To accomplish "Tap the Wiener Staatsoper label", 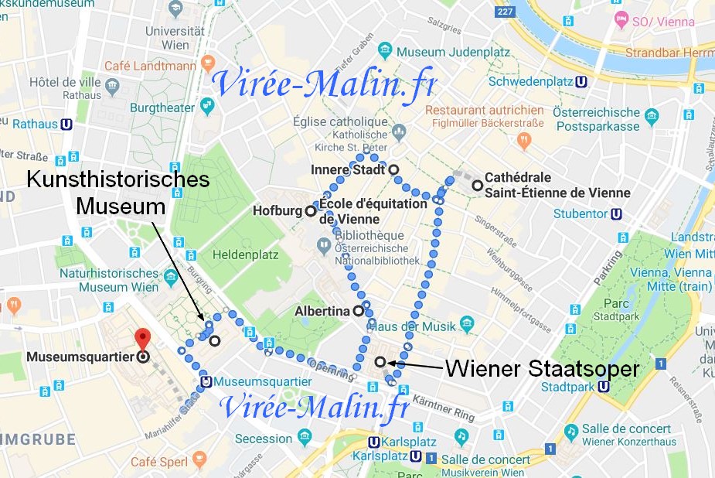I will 541,369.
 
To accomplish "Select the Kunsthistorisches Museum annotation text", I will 117,193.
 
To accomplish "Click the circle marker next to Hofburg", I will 311,210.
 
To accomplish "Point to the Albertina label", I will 324,312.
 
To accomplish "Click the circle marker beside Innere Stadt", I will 393,169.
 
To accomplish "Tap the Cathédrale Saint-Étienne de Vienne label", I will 557,185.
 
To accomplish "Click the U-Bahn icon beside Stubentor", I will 616,214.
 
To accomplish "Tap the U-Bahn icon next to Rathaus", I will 67,123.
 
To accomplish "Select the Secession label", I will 264,439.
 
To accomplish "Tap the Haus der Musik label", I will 412,326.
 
